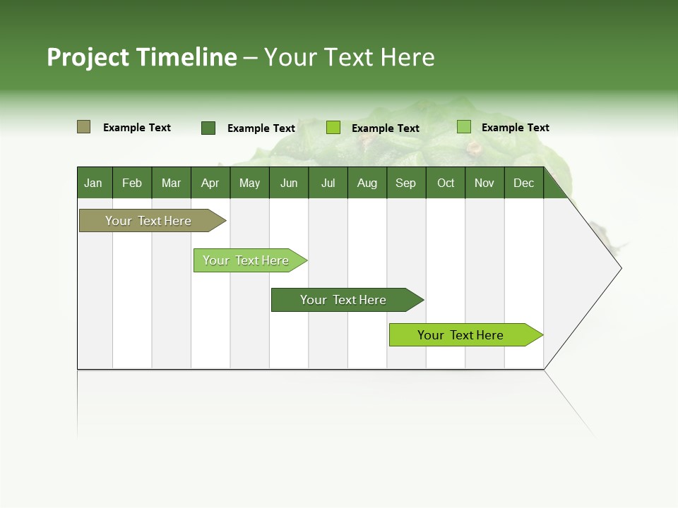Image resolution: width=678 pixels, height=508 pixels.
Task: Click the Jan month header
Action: tap(93, 183)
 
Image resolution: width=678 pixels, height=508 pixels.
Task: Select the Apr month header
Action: tap(210, 183)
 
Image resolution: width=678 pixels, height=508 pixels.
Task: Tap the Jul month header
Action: tap(328, 183)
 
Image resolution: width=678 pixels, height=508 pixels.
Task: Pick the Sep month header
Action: tap(405, 183)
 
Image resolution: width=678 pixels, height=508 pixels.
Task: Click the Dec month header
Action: tap(523, 183)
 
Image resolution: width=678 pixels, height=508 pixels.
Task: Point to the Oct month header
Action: tap(446, 183)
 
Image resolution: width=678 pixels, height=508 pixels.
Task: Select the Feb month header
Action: tap(132, 183)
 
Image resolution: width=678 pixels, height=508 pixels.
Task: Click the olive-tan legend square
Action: tap(83, 127)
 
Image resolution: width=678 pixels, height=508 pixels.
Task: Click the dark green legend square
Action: tap(208, 128)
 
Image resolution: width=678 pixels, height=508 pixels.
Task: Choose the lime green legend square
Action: tap(333, 128)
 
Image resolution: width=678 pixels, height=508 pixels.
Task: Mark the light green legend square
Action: tap(463, 127)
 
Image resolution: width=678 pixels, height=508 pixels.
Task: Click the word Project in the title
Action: tap(88, 57)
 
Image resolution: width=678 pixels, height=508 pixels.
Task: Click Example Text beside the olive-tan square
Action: tap(137, 128)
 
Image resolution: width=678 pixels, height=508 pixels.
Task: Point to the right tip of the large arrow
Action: tap(619, 268)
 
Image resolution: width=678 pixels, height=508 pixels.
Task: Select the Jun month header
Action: tap(288, 183)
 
